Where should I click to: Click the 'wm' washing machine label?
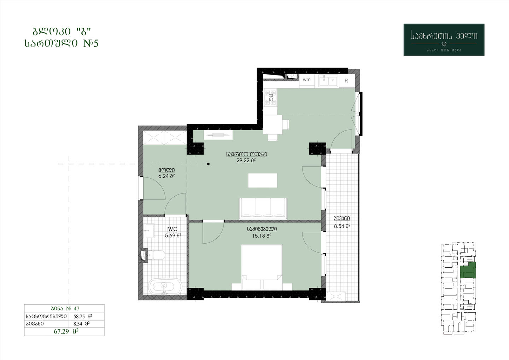(x=307, y=80)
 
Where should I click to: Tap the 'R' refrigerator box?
(x=346, y=81)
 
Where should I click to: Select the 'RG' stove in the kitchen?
(x=270, y=98)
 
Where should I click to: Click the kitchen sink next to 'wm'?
(x=328, y=81)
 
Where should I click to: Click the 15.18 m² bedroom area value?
(x=262, y=236)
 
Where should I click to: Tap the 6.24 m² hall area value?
(x=166, y=176)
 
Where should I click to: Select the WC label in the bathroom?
(x=172, y=229)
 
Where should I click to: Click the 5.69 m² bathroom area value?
(x=173, y=236)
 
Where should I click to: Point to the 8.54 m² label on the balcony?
(x=342, y=226)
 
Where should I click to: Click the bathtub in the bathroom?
(x=165, y=287)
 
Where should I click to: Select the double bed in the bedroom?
(x=262, y=267)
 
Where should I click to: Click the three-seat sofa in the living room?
(x=263, y=208)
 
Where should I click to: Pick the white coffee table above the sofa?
(x=263, y=180)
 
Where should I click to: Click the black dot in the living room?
(x=209, y=164)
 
